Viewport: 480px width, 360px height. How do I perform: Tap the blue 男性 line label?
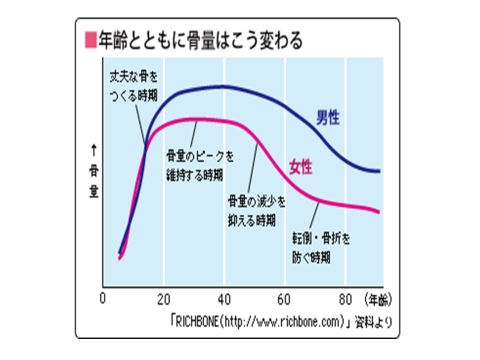327,118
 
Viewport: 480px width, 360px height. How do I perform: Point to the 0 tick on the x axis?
103,299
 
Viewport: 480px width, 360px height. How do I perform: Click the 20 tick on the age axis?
163,299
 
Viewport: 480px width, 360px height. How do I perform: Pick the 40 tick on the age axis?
224,299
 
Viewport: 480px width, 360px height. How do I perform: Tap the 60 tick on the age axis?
285,299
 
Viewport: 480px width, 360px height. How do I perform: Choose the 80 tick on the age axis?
345,299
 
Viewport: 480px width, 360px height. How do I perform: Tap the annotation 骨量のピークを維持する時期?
199,166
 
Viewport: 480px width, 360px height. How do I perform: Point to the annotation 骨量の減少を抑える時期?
256,210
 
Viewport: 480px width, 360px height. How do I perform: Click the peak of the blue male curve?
220,86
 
